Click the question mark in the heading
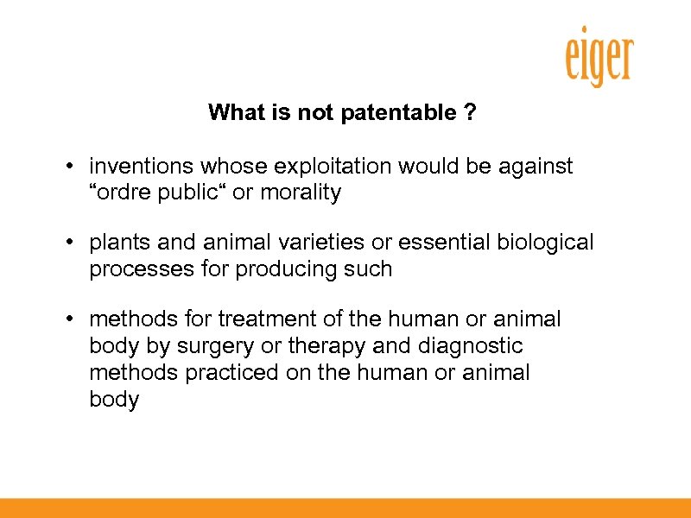(469, 112)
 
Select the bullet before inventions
(67, 166)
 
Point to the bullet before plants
(67, 243)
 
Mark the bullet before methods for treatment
(67, 319)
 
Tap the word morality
(300, 193)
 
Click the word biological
(545, 243)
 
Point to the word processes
(132, 269)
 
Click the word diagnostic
(471, 346)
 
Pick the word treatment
(267, 319)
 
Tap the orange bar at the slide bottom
(345, 508)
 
